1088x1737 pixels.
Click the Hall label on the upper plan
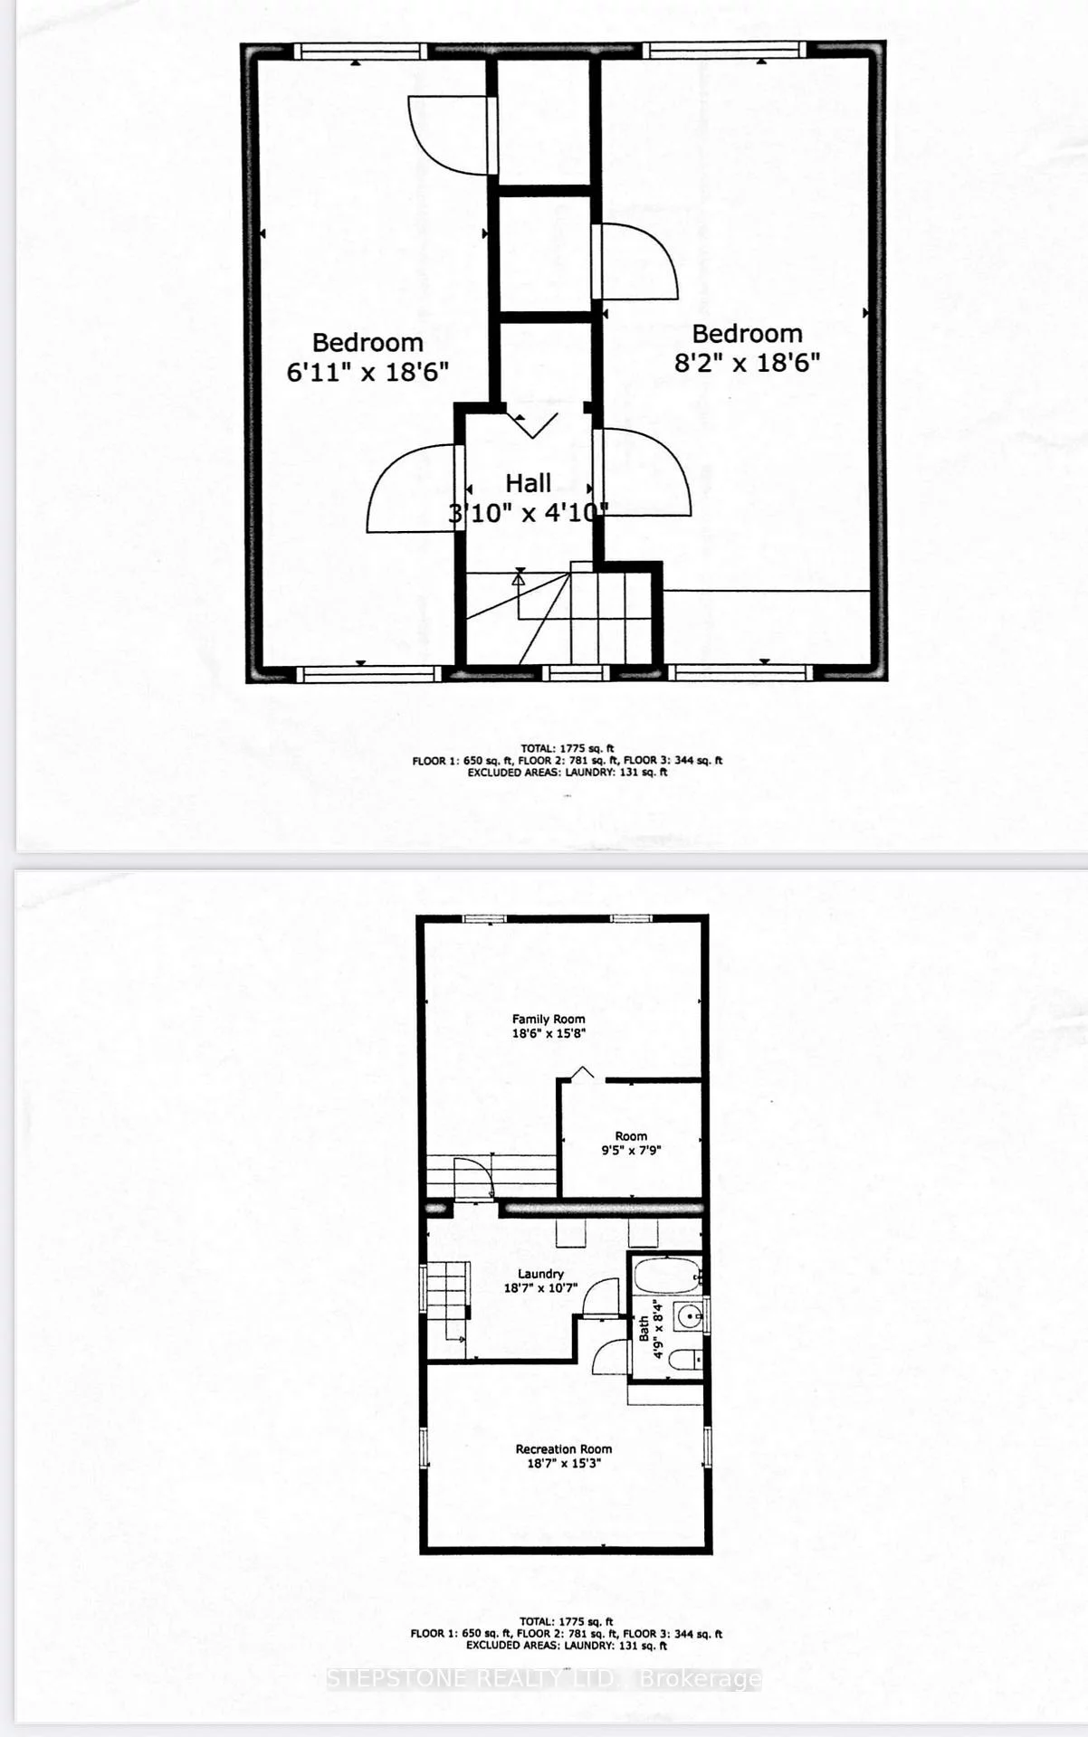(528, 483)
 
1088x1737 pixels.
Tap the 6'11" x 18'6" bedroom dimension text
(367, 372)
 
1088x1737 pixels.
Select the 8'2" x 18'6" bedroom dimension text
(748, 363)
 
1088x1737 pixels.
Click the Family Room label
(549, 1019)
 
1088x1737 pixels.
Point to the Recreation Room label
(564, 1448)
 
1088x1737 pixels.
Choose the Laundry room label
(540, 1274)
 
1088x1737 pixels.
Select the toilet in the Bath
(685, 1358)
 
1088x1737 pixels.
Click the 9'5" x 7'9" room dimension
(631, 1151)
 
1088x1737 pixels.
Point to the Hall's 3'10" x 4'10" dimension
(529, 513)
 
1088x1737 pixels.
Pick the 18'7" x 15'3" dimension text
(564, 1463)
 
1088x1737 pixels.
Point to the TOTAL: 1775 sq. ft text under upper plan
(568, 748)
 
